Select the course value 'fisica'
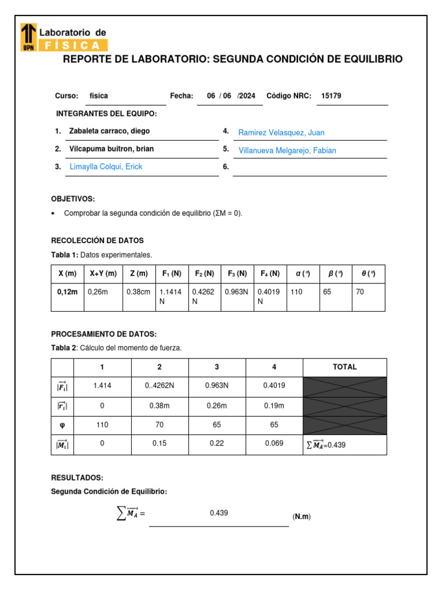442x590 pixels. tap(99, 96)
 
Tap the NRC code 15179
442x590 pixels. tap(331, 96)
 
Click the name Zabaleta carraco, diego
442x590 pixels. tap(109, 131)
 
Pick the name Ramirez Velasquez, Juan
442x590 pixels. tap(281, 133)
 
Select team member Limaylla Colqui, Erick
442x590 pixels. tap(106, 167)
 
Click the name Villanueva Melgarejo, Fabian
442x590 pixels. tap(287, 150)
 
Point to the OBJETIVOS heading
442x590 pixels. tap(73, 198)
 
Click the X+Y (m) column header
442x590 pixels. tap(103, 274)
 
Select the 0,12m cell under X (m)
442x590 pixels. tap(67, 292)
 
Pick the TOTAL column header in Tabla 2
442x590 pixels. tap(345, 366)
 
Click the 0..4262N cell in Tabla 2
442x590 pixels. tap(159, 386)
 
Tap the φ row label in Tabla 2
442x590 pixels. tap(62, 425)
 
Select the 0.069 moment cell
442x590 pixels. tap(274, 444)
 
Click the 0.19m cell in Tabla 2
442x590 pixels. tap(274, 406)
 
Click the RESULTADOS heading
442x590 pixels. tap(77, 478)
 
